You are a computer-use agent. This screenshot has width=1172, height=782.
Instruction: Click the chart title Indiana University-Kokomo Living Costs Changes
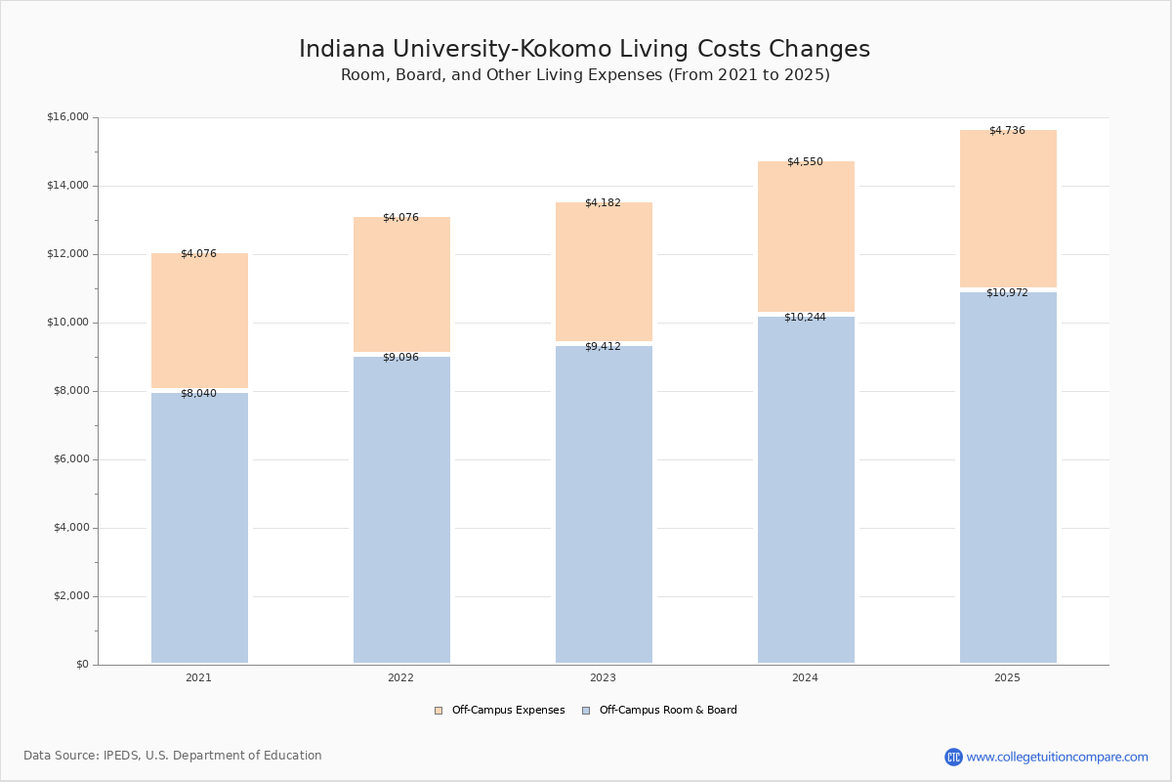(x=584, y=50)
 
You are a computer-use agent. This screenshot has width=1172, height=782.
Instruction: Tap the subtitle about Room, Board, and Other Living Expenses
(x=585, y=75)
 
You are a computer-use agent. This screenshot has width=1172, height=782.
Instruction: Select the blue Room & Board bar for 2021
(x=199, y=528)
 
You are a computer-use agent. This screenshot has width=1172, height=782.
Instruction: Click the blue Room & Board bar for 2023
(x=604, y=504)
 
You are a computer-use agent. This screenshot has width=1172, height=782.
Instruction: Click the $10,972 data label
(x=1007, y=293)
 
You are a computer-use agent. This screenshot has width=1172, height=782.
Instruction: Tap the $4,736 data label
(x=1007, y=131)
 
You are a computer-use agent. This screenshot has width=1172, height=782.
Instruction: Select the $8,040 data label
(x=198, y=394)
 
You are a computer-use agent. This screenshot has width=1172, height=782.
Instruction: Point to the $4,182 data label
(x=603, y=203)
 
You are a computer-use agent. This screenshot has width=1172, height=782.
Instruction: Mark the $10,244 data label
(x=805, y=318)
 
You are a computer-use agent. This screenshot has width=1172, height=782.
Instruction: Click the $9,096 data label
(x=400, y=358)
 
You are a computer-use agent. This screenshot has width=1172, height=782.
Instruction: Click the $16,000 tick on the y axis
(x=67, y=117)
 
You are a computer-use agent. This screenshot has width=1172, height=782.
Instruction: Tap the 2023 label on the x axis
(x=603, y=678)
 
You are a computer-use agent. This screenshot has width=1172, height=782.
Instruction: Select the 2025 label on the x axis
(x=1007, y=678)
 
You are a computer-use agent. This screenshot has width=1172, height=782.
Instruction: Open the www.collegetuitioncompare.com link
(x=1057, y=757)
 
